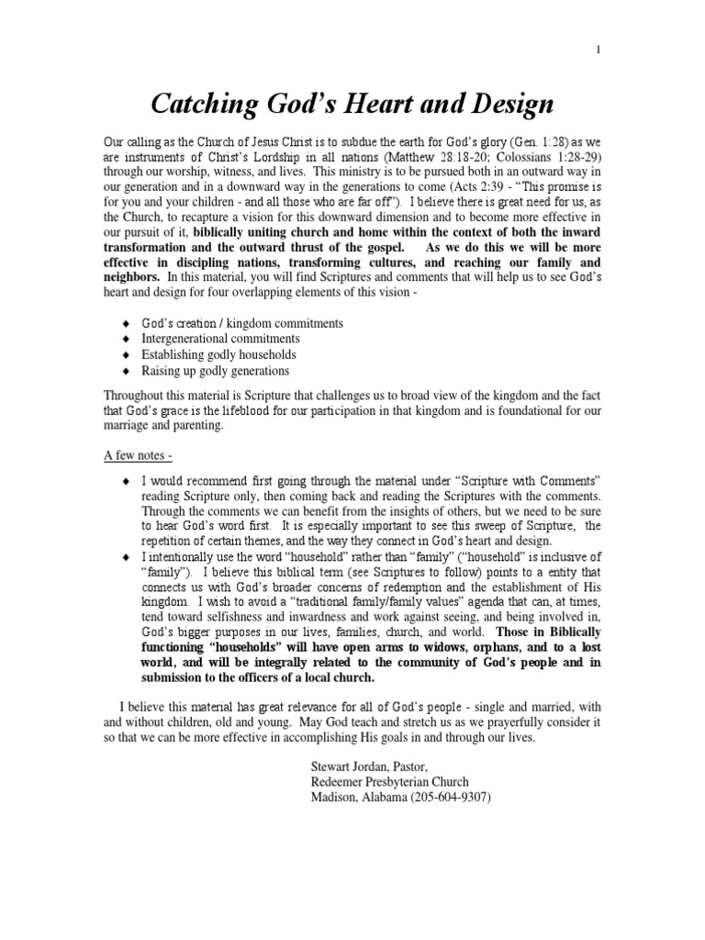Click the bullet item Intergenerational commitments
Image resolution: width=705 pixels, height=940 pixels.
[x=220, y=339]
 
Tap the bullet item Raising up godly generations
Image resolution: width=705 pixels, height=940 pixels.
[x=216, y=371]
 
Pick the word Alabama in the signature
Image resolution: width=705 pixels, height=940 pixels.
[x=389, y=797]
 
